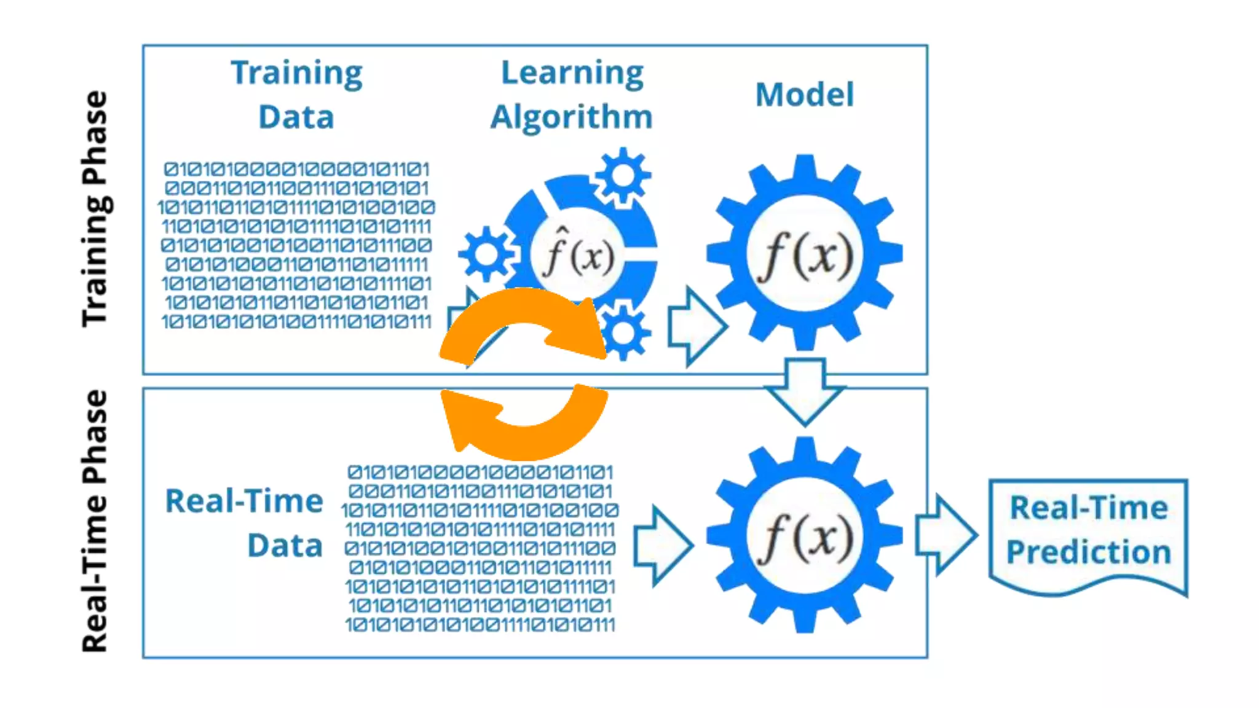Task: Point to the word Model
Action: [x=804, y=95]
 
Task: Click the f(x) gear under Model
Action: [x=804, y=253]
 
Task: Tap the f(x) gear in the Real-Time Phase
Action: [x=804, y=535]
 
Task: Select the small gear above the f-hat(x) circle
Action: [x=623, y=176]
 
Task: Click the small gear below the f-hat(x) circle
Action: [x=625, y=332]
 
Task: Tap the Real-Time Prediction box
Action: [x=1088, y=532]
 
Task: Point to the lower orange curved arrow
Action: [x=523, y=424]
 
